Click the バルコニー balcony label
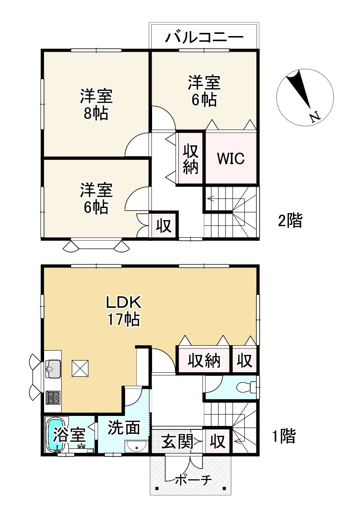(x=204, y=37)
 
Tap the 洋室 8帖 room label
(x=96, y=104)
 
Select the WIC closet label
(x=230, y=158)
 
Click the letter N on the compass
(x=315, y=117)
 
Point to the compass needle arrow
(x=299, y=90)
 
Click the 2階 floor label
(x=290, y=220)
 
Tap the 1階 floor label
(x=283, y=436)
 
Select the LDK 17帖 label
(x=123, y=311)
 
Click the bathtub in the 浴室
(x=56, y=434)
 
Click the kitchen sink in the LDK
(x=53, y=368)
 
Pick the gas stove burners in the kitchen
(x=53, y=397)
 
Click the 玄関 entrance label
(x=177, y=441)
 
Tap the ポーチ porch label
(x=194, y=479)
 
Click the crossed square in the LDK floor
(x=81, y=368)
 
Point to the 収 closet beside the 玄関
(x=217, y=441)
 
